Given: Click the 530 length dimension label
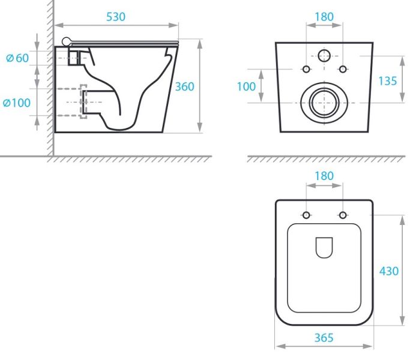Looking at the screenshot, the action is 116,17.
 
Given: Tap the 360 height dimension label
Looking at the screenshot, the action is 185,86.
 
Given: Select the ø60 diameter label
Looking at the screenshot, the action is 17,58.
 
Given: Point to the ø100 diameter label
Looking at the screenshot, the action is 17,103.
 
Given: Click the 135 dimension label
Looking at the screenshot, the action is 388,81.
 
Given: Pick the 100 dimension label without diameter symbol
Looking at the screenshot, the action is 246,86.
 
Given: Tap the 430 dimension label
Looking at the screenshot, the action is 389,271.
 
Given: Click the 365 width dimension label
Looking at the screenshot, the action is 324,338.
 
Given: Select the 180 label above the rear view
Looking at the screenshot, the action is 324,17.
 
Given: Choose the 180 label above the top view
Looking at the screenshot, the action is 324,176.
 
